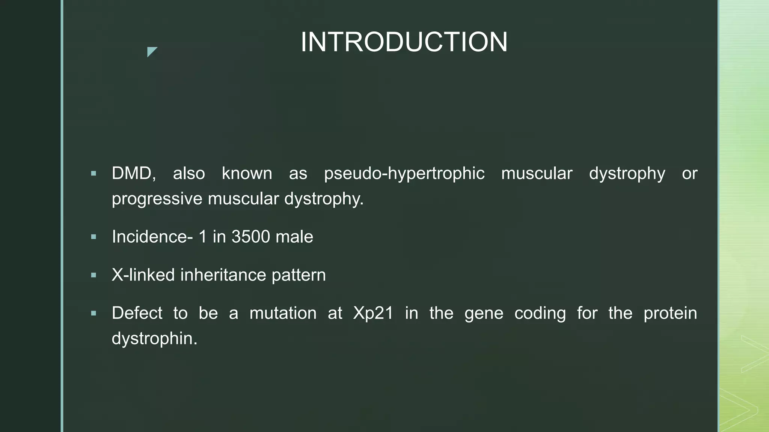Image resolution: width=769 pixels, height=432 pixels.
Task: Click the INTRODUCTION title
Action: coord(404,42)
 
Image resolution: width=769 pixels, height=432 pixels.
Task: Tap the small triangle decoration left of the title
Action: coord(151,51)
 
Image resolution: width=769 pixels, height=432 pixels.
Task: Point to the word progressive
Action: coord(157,199)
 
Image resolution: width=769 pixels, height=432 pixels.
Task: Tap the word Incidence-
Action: coord(152,237)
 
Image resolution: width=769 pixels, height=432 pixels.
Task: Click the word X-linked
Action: coord(143,275)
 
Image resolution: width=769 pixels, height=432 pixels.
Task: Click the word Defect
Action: coord(137,313)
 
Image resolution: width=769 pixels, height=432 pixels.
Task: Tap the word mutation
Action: coord(283,313)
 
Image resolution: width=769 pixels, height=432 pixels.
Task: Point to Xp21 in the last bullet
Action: coord(373,313)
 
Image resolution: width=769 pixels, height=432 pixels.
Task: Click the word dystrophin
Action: coord(154,339)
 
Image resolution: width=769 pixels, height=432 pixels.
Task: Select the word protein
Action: coord(670,313)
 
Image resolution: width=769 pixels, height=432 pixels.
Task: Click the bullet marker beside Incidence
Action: coord(93,237)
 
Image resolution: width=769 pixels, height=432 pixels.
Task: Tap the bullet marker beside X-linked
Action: coord(93,275)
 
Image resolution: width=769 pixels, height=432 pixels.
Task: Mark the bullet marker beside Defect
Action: coord(93,313)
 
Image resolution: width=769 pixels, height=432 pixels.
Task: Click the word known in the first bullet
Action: coord(247,174)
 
